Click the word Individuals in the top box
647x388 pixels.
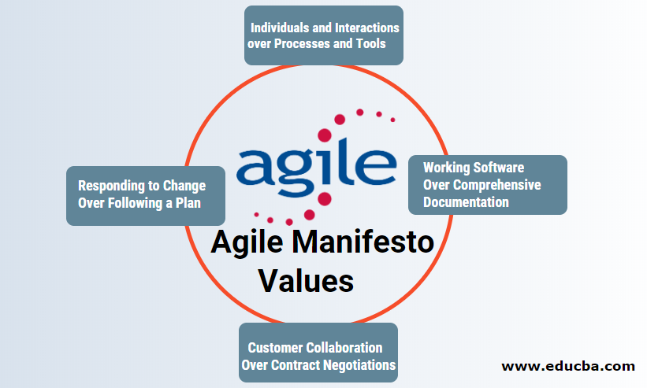pyautogui.click(x=280, y=28)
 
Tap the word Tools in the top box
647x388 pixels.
pyautogui.click(x=370, y=43)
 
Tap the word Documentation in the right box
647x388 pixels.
pyautogui.click(x=466, y=202)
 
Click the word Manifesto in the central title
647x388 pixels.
pyautogui.click(x=369, y=243)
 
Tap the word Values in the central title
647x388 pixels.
pyautogui.click(x=307, y=279)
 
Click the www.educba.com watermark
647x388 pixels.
pyautogui.click(x=568, y=366)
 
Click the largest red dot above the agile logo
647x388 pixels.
pyautogui.click(x=340, y=120)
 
